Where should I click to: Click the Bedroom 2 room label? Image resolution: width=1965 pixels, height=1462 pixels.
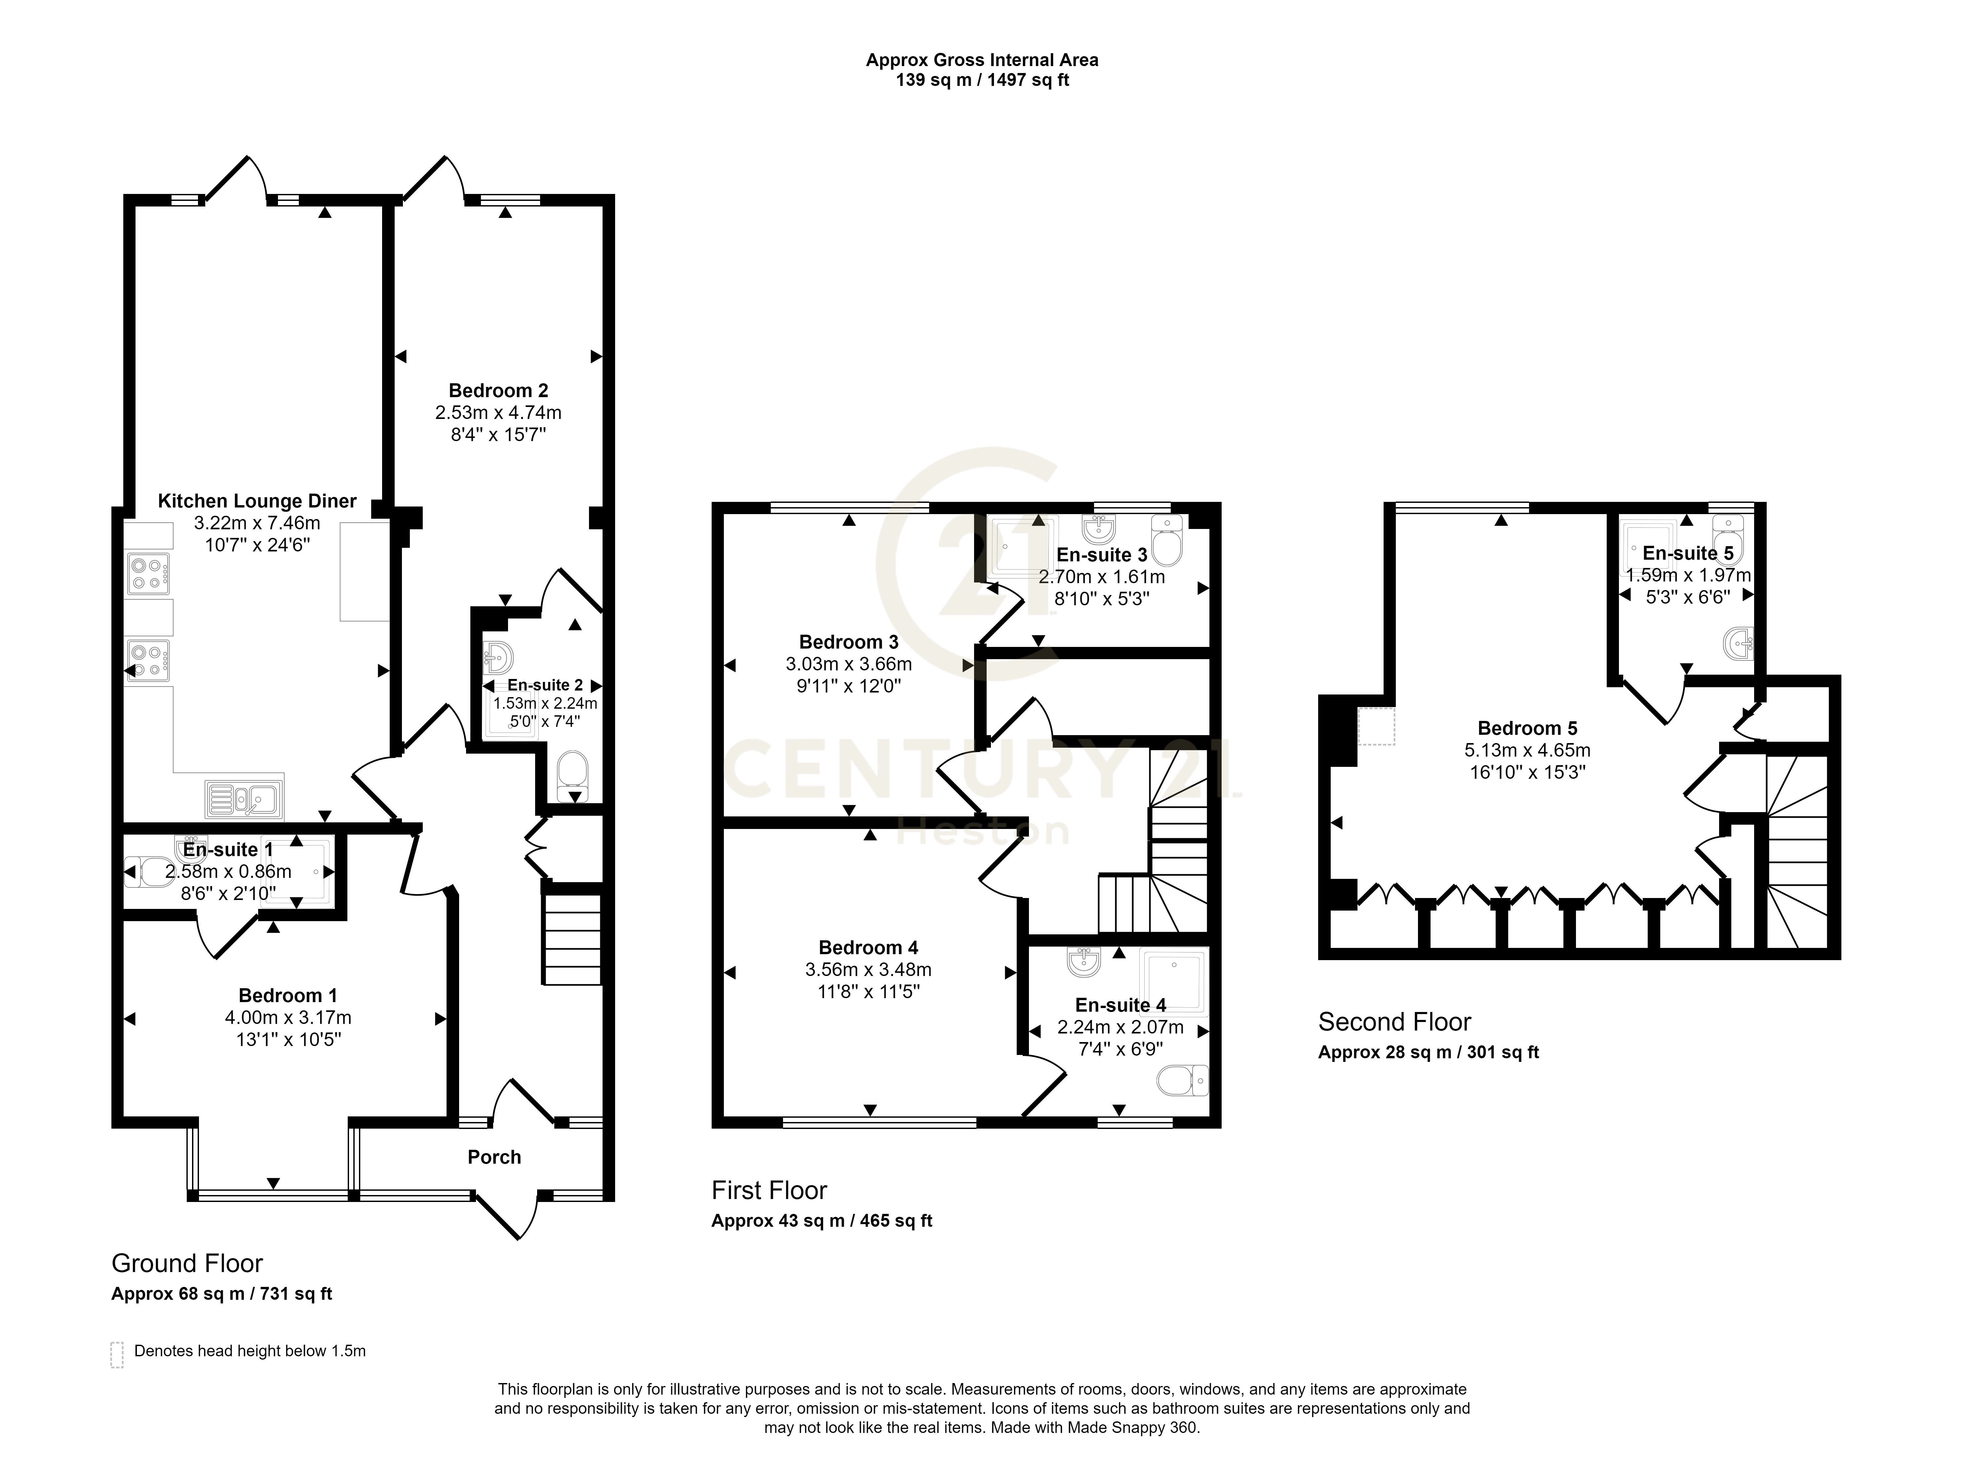(498, 390)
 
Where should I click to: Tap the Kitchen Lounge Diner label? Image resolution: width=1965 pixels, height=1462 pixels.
(257, 501)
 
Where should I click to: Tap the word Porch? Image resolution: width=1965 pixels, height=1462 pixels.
(494, 1157)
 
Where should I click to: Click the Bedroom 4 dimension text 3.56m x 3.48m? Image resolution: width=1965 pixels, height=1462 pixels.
(868, 969)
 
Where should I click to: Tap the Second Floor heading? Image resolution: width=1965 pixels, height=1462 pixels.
(1394, 1022)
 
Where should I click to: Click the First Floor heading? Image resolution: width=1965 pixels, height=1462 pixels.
(769, 1190)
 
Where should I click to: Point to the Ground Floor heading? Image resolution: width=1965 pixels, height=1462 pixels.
(187, 1263)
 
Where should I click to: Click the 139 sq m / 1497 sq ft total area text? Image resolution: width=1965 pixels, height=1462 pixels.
(982, 81)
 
